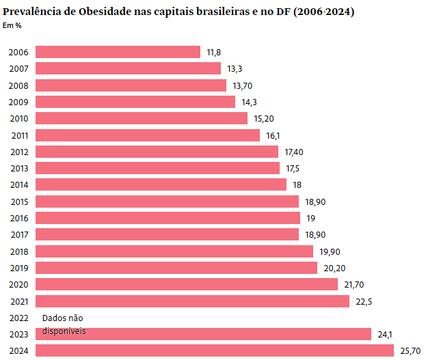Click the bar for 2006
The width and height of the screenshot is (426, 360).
[118, 52]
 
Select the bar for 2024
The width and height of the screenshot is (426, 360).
[215, 350]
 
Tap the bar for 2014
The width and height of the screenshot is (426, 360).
[161, 184]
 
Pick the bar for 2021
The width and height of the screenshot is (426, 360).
[192, 301]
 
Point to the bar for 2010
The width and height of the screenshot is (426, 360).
[141, 118]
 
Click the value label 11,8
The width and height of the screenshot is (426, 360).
[213, 52]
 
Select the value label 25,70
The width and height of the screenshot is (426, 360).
[410, 351]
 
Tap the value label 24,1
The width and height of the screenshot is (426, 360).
[384, 334]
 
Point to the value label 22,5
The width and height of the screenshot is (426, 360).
[364, 301]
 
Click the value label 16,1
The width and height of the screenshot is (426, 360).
[273, 135]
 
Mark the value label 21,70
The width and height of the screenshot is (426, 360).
[354, 284]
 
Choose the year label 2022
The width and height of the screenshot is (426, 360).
[18, 318]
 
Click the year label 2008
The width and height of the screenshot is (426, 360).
[18, 85]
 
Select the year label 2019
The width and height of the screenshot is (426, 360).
[18, 268]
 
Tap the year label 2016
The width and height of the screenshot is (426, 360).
[18, 218]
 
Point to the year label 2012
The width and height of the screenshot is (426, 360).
[18, 152]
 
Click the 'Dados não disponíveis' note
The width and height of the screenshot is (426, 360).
[64, 324]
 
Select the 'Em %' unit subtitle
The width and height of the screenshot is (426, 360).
[12, 26]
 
